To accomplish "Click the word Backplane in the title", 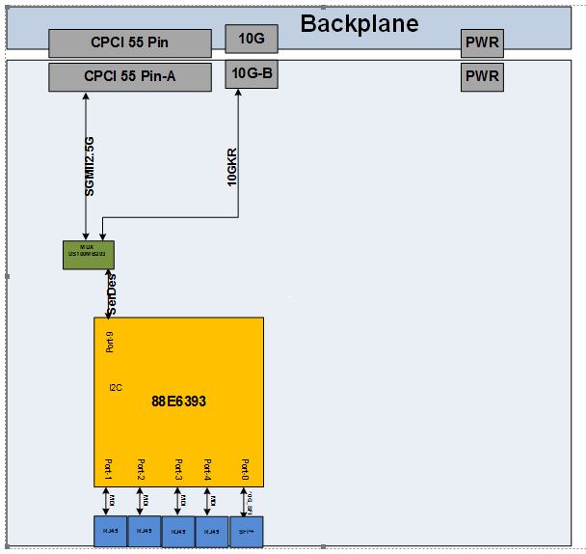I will [x=360, y=23].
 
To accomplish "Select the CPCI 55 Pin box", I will [x=129, y=42].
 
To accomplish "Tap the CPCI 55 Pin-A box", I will [x=129, y=76].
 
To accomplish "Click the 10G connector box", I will [x=251, y=38].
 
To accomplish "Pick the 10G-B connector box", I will [x=251, y=72].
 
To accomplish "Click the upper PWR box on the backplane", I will [x=482, y=42].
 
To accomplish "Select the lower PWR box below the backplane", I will [x=482, y=76].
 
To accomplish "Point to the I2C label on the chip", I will [x=116, y=386].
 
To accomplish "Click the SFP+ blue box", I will [x=246, y=531].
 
